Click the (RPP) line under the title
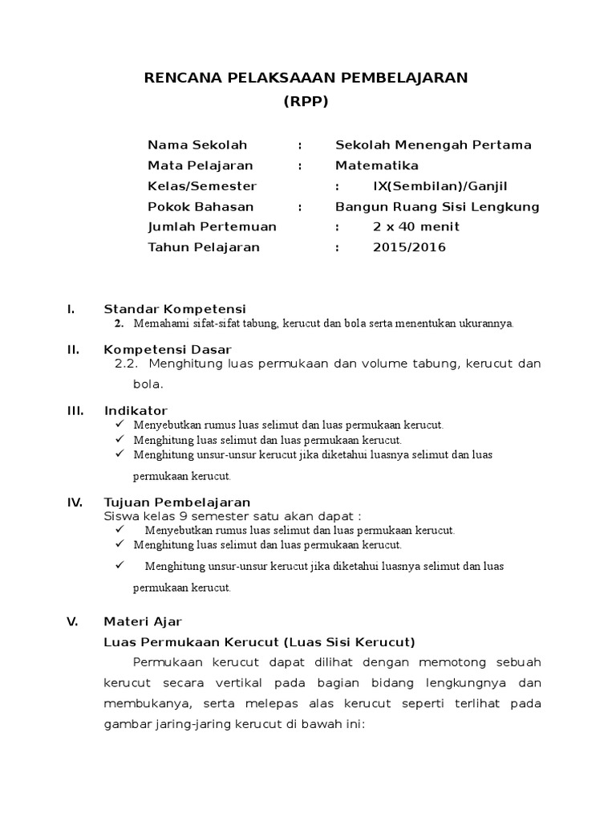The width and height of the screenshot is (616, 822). tap(306, 102)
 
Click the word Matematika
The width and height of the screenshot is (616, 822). tap(376, 165)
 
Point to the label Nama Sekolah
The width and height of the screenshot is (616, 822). tap(197, 145)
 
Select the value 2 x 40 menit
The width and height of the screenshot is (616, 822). tap(416, 227)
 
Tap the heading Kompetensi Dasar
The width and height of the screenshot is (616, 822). tap(168, 350)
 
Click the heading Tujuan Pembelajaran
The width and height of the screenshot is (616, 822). tap(177, 503)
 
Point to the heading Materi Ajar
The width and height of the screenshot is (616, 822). tap(143, 621)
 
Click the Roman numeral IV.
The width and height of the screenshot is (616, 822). tap(75, 503)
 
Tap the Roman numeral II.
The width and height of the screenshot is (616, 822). tap(71, 350)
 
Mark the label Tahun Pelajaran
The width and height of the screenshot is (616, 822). tap(204, 247)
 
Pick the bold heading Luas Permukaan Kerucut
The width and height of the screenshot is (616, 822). tap(259, 642)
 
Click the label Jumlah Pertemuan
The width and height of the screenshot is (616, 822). tap(212, 227)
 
